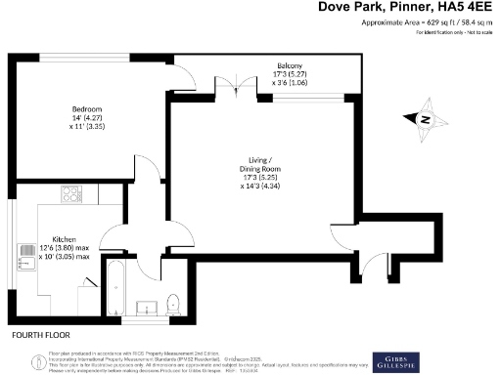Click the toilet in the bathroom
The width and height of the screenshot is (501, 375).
click(173, 302)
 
